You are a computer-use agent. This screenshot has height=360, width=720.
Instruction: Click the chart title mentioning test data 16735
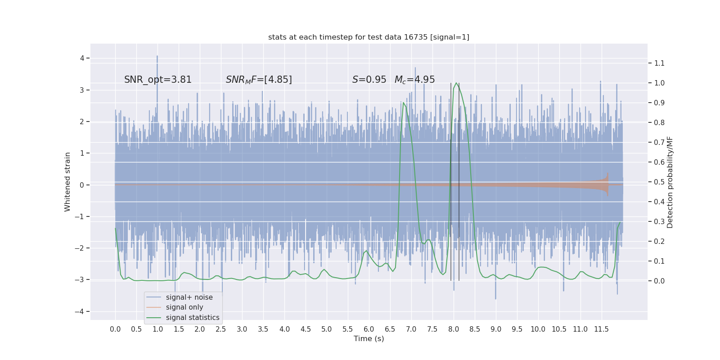pos(369,37)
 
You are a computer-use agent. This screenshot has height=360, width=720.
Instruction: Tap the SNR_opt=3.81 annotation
pos(158,80)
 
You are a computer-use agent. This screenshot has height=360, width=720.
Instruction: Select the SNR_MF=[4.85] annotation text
pos(259,80)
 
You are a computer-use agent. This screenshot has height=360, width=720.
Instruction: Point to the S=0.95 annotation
pos(369,80)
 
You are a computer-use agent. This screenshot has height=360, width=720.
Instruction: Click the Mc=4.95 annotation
pos(414,80)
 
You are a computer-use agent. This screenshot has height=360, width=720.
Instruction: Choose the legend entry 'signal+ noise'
pos(189,297)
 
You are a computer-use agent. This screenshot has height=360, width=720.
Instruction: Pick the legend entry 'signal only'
pos(184,307)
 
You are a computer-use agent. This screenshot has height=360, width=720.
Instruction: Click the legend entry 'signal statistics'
pos(193,318)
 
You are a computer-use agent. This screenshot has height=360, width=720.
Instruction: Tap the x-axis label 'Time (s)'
pos(369,339)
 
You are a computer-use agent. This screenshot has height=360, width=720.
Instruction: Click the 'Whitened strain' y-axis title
pos(67,182)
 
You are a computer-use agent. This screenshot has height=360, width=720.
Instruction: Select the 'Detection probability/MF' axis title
pos(670,182)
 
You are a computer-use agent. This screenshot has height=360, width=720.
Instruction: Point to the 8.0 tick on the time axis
pos(454,329)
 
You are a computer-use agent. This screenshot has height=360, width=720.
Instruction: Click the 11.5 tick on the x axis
pos(601,329)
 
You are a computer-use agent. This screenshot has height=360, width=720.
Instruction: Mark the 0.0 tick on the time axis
pos(115,329)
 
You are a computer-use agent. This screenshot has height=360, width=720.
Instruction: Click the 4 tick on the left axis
pos(82,58)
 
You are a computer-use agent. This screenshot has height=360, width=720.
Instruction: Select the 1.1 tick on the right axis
pos(659,63)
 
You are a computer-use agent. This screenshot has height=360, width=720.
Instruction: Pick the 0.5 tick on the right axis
pos(659,182)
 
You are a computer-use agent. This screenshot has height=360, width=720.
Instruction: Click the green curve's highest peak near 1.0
pos(456,83)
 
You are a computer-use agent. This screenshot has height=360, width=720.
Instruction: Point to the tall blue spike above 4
pos(157,57)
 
